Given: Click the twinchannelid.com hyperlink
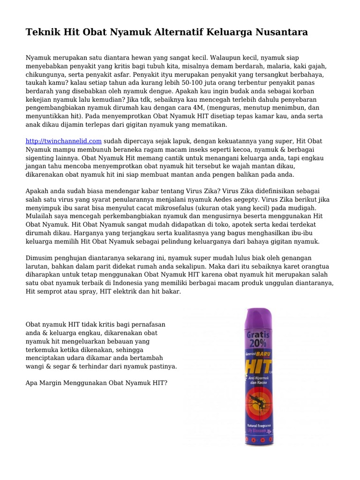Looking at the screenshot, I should click(x=63, y=141).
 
